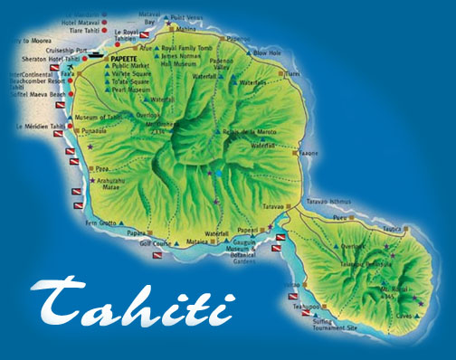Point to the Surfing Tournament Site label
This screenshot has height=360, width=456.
click(x=334, y=324)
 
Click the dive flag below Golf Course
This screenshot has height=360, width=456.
click(x=148, y=259)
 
